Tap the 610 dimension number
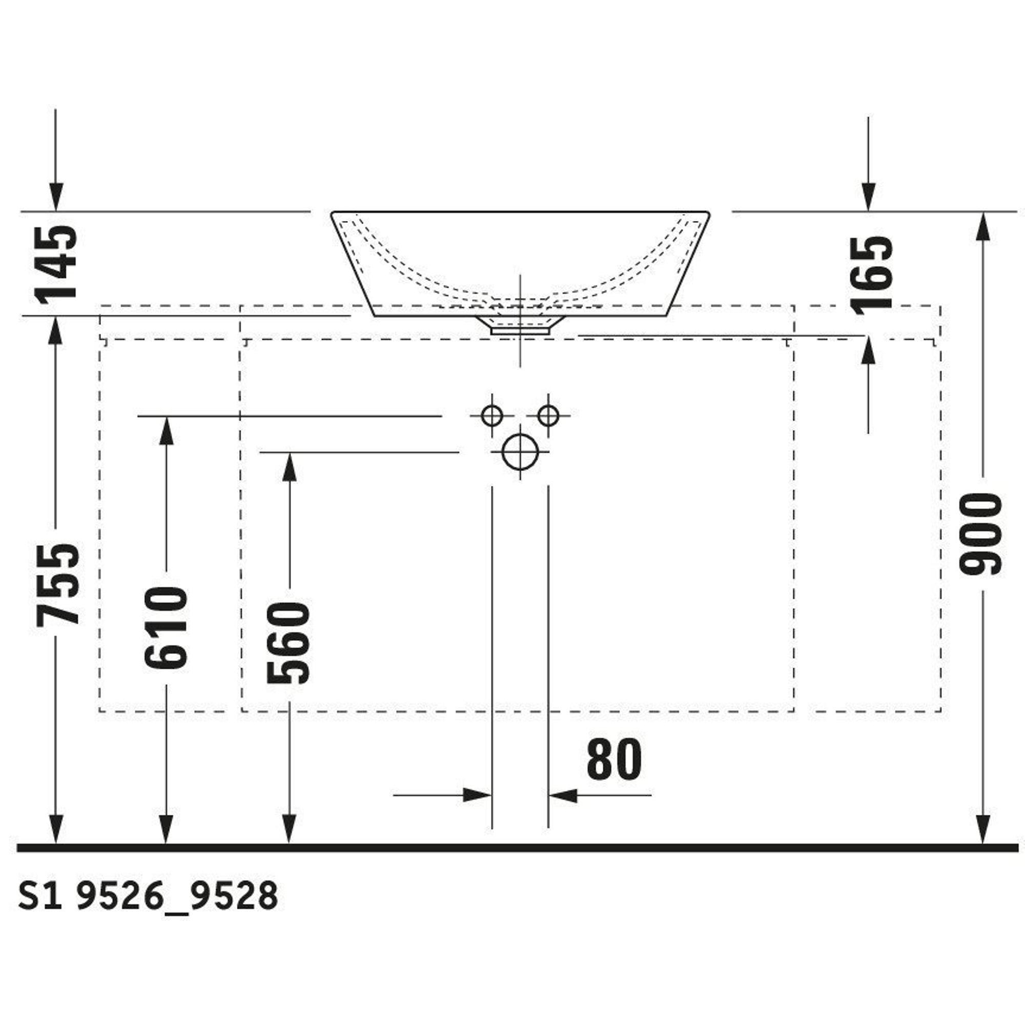pyautogui.click(x=166, y=628)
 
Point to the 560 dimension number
pyautogui.click(x=288, y=643)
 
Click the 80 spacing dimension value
pyautogui.click(x=614, y=760)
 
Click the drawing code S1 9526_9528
pyautogui.click(x=148, y=896)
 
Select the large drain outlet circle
pyautogui.click(x=520, y=452)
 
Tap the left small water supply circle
pyautogui.click(x=492, y=416)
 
